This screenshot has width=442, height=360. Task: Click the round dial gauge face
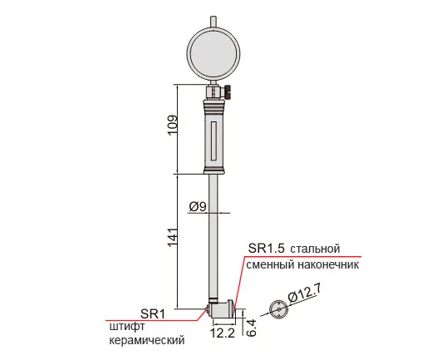coord(214,53)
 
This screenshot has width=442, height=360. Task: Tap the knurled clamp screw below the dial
coord(228,91)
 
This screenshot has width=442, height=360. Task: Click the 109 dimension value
coord(173,125)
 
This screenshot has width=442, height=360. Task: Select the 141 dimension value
coord(173,236)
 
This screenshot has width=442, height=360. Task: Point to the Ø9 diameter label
coord(198,207)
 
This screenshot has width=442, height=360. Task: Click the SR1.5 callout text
coord(267,249)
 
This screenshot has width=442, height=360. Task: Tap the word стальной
coord(315,249)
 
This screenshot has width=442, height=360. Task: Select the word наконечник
coord(328,265)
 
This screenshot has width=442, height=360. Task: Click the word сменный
coord(270,265)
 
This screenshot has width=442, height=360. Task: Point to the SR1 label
coord(153,313)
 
